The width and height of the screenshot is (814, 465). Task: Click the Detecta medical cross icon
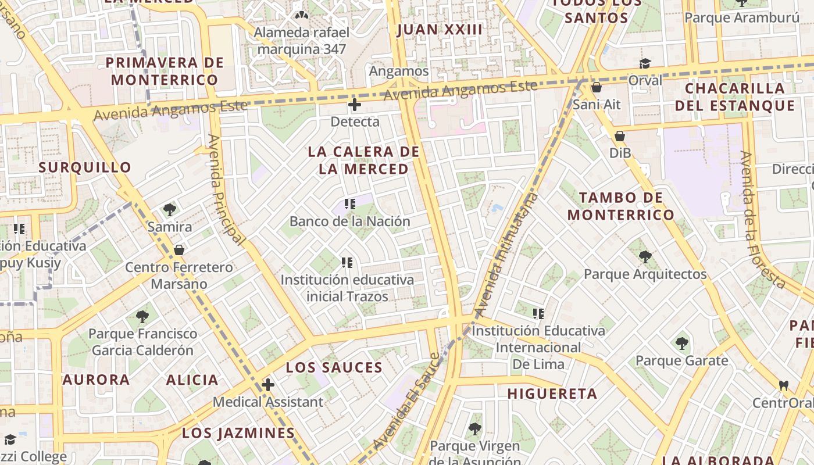(x=354, y=105)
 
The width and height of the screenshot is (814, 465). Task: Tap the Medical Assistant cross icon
(x=267, y=385)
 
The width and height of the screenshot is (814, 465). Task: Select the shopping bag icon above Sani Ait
(x=596, y=88)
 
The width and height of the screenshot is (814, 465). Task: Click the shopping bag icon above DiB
(x=620, y=137)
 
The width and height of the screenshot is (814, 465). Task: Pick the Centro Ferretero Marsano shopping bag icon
(x=179, y=251)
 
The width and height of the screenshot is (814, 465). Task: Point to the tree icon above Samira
(x=170, y=210)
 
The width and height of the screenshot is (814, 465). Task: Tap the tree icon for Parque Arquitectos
(x=645, y=257)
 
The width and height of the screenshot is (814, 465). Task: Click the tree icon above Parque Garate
(x=682, y=344)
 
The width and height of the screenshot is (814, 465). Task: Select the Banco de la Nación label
(x=349, y=221)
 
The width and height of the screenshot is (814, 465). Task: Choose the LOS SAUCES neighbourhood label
(x=334, y=367)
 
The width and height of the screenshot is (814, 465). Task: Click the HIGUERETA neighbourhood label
(x=552, y=394)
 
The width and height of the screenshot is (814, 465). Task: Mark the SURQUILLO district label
(x=85, y=167)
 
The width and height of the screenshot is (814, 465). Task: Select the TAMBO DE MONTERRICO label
(x=620, y=206)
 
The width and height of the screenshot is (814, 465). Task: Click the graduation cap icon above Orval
(x=645, y=63)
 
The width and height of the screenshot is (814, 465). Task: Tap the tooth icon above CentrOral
(x=784, y=385)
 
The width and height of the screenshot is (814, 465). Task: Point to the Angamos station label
(x=399, y=71)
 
